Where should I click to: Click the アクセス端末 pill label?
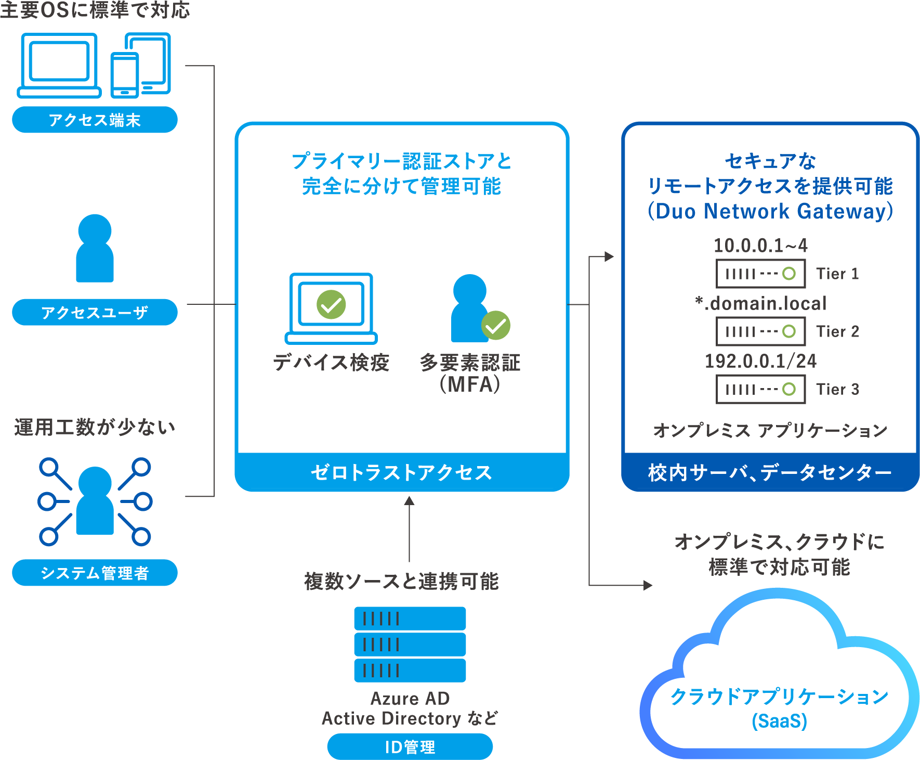pos(95,120)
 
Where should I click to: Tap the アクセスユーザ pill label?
pos(95,313)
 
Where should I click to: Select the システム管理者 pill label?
pos(95,573)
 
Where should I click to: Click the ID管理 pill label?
pos(410,747)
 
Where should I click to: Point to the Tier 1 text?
pos(837,274)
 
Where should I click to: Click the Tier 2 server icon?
pos(760,331)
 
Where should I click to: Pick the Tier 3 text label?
pos(837,390)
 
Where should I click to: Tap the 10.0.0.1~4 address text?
pos(760,246)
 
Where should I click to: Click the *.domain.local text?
pos(761,303)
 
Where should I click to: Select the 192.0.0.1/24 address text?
pos(760,361)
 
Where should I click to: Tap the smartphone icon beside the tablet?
pos(125,75)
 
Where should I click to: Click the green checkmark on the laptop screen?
pos(331,305)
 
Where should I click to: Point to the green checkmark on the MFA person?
pos(495,326)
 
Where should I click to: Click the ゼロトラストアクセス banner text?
pos(401,472)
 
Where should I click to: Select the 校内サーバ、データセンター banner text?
pos(770,472)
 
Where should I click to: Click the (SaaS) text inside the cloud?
pos(779,722)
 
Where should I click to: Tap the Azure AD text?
pos(410,699)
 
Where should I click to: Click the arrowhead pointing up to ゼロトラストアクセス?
pos(410,500)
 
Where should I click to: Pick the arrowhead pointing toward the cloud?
pos(648,585)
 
